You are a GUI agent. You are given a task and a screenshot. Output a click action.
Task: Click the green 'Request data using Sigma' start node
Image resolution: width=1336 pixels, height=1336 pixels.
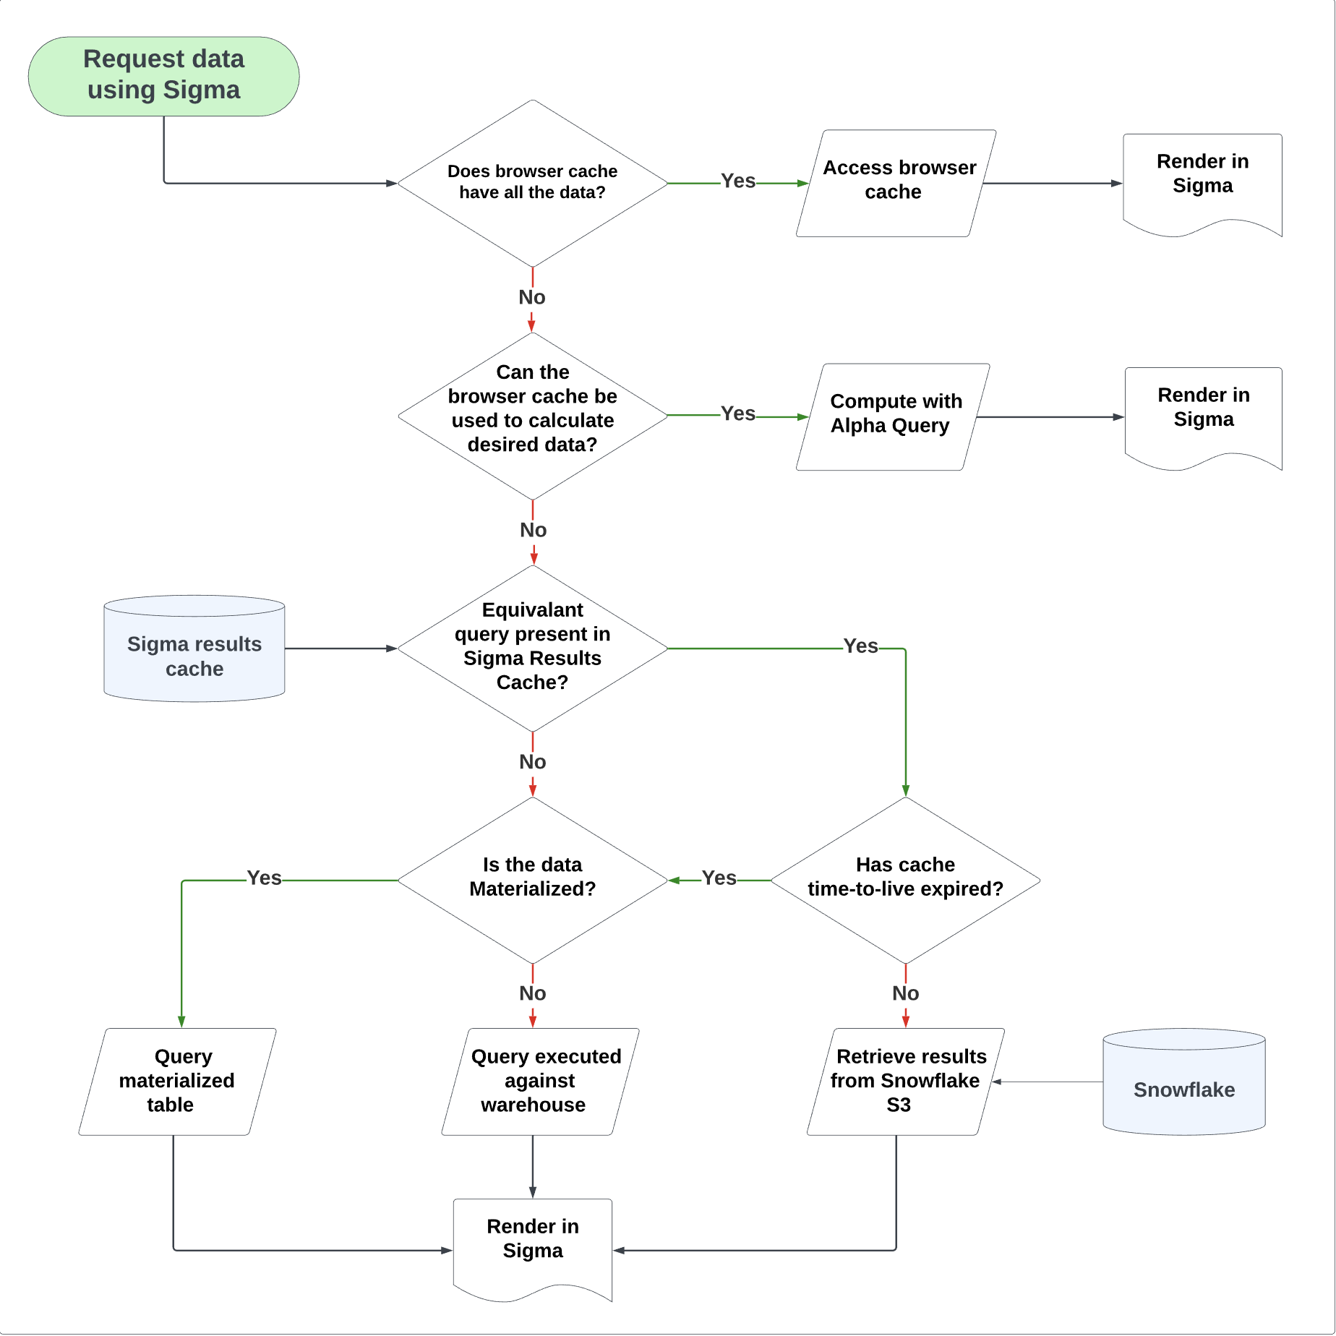163,76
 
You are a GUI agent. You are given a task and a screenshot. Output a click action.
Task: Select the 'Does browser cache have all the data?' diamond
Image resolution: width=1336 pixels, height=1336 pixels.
532,183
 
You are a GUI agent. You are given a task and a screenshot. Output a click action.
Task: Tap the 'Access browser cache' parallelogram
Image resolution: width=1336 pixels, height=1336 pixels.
896,183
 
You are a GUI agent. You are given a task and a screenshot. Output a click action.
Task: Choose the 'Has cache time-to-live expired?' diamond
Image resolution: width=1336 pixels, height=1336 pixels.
905,880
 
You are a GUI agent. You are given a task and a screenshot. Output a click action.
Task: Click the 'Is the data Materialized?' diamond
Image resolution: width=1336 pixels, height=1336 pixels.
532,880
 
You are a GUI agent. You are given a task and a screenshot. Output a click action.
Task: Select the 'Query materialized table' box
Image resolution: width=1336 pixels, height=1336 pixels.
177,1082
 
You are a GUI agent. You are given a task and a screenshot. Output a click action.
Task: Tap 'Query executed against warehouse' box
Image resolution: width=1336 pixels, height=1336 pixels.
540,1082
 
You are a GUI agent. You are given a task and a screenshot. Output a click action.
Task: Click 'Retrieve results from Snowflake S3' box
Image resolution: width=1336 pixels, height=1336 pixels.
905,1082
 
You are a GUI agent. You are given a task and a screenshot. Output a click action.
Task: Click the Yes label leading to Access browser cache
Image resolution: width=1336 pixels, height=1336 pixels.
737,181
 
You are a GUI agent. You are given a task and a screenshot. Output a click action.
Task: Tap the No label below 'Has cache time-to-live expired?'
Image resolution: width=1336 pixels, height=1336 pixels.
905,993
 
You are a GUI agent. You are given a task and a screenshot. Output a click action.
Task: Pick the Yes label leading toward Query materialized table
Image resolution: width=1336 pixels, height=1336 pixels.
264,878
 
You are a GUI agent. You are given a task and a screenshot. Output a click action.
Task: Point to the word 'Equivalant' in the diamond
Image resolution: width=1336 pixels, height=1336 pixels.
532,610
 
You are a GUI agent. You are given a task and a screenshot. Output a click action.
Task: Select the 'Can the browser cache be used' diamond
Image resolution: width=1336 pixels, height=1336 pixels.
532,416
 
